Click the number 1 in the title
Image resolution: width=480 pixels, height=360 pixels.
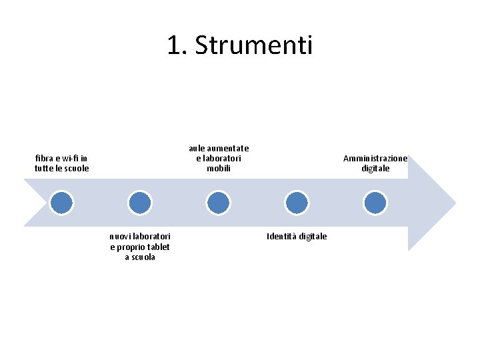175,46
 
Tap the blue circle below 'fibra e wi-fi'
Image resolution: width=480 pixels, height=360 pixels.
61,202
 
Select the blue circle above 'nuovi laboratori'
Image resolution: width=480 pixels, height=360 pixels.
140,202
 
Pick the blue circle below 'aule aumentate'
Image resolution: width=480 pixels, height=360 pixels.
218,202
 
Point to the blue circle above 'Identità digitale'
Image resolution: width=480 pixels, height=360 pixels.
296,202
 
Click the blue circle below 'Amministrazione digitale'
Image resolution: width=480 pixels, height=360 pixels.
375,202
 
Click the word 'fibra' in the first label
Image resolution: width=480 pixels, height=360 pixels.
45,159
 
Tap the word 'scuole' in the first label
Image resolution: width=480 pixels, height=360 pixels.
75,169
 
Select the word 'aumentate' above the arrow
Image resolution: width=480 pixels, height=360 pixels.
229,149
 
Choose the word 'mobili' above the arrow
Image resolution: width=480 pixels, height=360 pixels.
219,169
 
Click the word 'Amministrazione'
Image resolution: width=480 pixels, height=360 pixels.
375,159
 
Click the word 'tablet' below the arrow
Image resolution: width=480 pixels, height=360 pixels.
158,247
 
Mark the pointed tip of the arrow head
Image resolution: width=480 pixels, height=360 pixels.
455,202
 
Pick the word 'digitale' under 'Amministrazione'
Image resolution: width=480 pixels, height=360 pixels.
375,169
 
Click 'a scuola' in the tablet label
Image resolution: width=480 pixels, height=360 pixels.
140,257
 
